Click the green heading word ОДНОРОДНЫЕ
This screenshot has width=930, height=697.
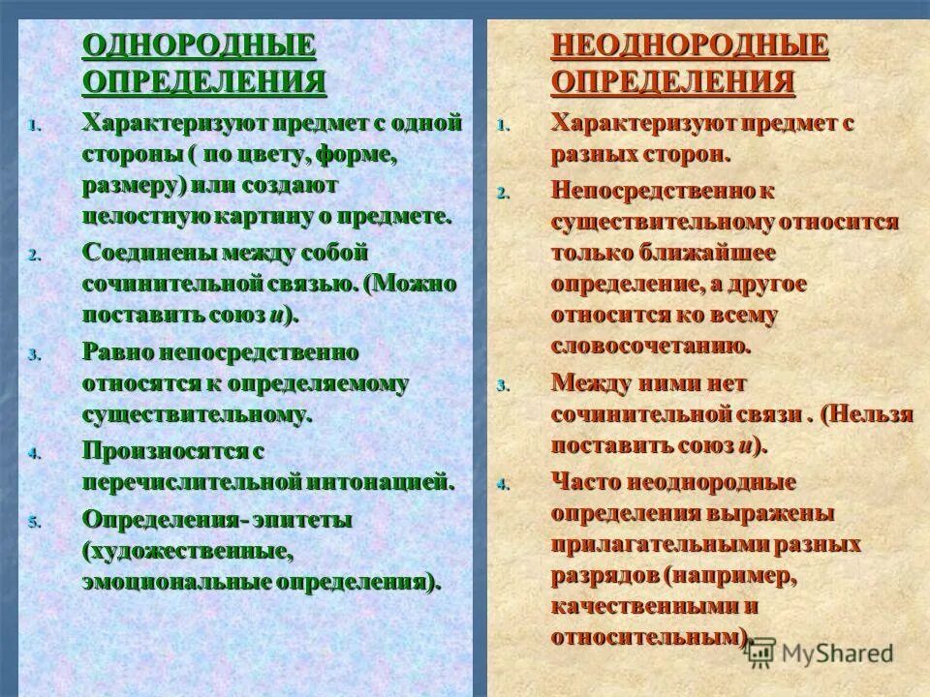point(200,45)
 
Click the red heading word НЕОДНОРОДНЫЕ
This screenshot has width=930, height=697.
point(690,45)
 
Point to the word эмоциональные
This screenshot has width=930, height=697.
point(177,583)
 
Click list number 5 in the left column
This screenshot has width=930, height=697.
point(33,522)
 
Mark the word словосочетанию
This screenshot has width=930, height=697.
point(650,346)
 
